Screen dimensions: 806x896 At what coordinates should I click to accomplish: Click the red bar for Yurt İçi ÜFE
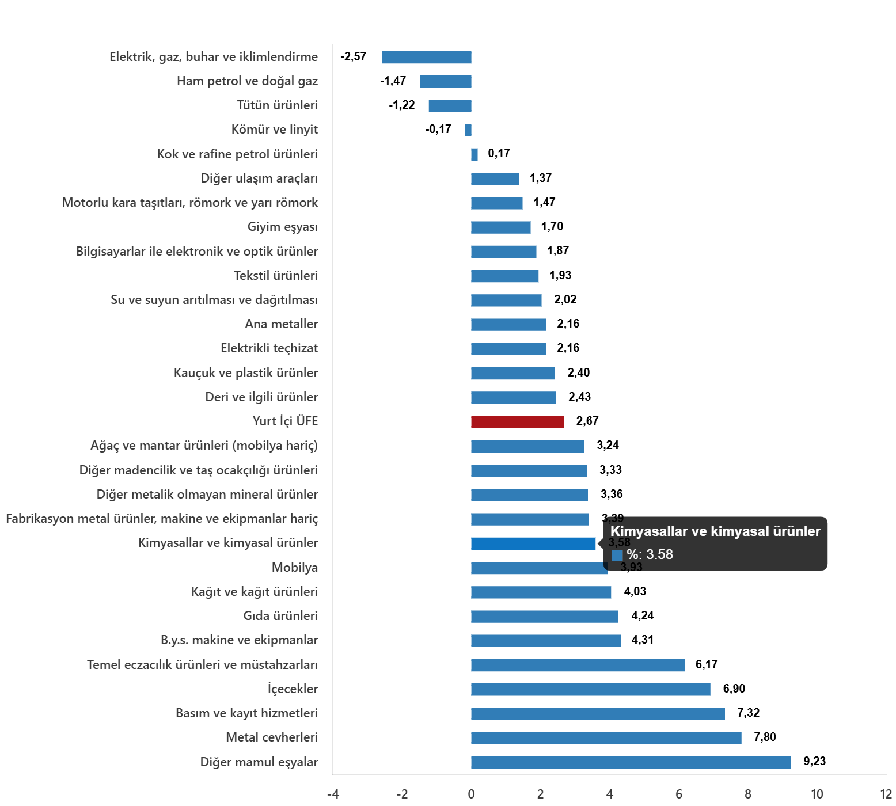pos(517,422)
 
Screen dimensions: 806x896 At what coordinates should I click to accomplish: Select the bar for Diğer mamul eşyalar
pos(631,762)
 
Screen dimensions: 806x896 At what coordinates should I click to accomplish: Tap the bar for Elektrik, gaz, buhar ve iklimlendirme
pos(426,57)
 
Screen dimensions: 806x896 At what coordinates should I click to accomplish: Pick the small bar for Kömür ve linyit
pos(468,130)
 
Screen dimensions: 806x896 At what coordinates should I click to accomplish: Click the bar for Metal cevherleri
pos(606,738)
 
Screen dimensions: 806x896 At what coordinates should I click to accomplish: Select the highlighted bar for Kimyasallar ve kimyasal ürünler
pos(533,543)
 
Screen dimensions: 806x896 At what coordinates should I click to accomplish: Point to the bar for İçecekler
pos(590,690)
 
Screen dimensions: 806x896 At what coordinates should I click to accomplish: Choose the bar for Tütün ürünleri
pos(450,106)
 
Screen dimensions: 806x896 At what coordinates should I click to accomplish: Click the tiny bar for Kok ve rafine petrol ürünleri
pos(474,154)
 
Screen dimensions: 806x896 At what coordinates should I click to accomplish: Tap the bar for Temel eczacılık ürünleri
pos(578,666)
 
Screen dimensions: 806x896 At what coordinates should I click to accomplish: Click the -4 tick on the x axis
pos(333,794)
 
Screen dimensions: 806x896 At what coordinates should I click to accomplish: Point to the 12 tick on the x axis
pos(886,794)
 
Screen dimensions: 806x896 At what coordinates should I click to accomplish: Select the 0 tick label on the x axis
pos(471,794)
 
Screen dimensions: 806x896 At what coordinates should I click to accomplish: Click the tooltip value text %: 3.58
pos(650,554)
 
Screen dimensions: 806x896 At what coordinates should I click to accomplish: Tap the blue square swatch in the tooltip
pos(617,555)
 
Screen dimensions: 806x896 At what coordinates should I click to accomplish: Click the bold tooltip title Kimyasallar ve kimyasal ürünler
pos(715,531)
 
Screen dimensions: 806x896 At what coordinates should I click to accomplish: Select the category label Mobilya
pos(295,568)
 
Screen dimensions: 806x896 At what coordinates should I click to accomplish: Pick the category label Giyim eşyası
pos(282,227)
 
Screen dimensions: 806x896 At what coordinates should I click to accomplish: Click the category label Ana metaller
pos(281,324)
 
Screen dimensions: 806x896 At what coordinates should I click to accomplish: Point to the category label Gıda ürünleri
pos(280,616)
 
